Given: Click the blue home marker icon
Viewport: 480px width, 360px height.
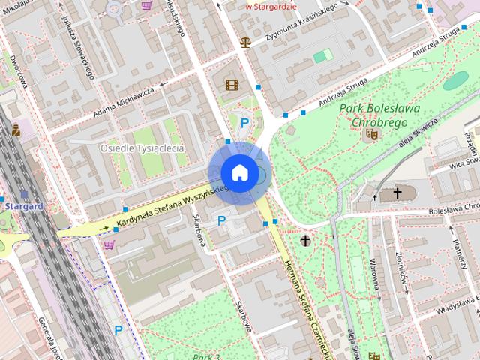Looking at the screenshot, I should pyautogui.click(x=239, y=173).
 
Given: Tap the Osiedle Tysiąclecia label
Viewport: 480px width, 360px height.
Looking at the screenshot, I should pyautogui.click(x=142, y=148).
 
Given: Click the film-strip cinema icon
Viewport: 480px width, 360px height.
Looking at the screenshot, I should pyautogui.click(x=231, y=85).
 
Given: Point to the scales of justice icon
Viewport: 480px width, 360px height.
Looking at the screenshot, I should pyautogui.click(x=245, y=42).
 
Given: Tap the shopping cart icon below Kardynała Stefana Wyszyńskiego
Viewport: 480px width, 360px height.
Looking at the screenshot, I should pyautogui.click(x=110, y=244).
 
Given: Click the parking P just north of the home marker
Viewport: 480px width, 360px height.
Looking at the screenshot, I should pyautogui.click(x=244, y=123).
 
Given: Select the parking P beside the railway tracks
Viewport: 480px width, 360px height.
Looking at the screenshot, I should pyautogui.click(x=118, y=329).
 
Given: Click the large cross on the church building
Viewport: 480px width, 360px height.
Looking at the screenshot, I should pyautogui.click(x=397, y=193).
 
